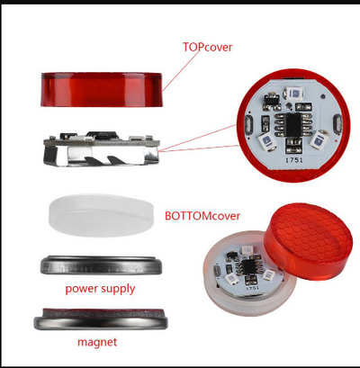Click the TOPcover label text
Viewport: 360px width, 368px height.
(x=207, y=47)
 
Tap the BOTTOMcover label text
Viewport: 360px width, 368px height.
(x=202, y=216)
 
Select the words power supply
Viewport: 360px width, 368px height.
(x=100, y=289)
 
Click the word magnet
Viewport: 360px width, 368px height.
(x=97, y=342)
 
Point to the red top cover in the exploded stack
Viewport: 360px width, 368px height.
(x=102, y=89)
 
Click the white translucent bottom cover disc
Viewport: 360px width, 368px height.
(x=102, y=215)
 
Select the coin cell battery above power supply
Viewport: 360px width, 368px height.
(x=101, y=265)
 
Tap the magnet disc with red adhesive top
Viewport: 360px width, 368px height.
(x=101, y=319)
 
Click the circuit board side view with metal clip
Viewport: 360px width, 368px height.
(x=102, y=149)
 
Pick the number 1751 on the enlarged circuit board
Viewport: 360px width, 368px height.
(x=293, y=160)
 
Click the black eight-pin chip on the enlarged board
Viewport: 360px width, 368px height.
(x=292, y=123)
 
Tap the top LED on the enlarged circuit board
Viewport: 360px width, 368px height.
(x=294, y=94)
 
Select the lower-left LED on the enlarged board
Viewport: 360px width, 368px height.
(x=267, y=140)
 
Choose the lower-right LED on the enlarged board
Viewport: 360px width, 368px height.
(x=319, y=139)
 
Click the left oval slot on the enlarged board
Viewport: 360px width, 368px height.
(x=248, y=124)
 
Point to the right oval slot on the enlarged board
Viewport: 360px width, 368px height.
(x=337, y=123)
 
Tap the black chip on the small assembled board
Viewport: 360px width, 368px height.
(x=248, y=265)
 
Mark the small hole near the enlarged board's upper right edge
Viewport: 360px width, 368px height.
(x=322, y=96)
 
